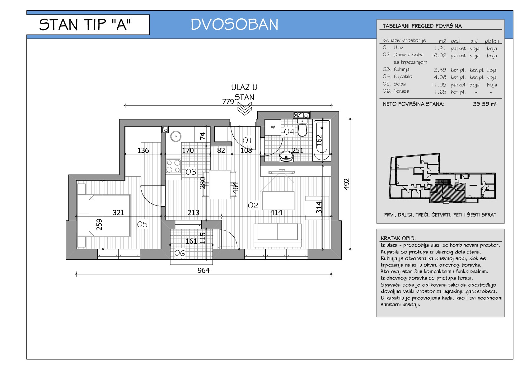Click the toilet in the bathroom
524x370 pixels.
[302, 128]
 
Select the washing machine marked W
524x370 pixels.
[273, 127]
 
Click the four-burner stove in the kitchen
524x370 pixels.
[173, 166]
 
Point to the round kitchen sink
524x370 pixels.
[176, 136]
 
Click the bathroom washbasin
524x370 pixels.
[286, 156]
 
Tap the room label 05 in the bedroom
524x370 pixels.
[142, 224]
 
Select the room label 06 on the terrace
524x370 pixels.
[180, 253]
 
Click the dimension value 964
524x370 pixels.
[204, 271]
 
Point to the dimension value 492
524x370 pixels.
[346, 184]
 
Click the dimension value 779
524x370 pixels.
[228, 102]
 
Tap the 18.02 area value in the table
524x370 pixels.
[439, 55]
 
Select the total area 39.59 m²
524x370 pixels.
[485, 104]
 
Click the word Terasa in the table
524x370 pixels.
[401, 91]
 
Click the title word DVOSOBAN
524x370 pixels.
[234, 24]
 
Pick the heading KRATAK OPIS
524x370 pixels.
[398, 238]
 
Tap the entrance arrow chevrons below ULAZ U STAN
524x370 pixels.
[245, 109]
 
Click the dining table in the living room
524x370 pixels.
[219, 185]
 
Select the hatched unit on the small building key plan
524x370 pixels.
[447, 193]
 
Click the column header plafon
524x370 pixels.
[492, 41]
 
